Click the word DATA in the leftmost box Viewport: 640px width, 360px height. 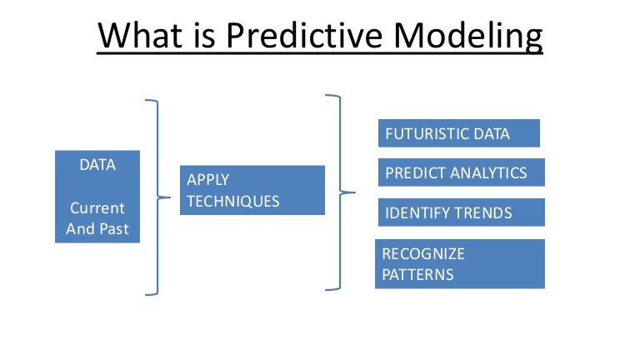pyautogui.click(x=97, y=165)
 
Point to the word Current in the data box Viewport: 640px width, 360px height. pyautogui.click(x=97, y=207)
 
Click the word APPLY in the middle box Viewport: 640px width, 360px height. pyautogui.click(x=208, y=179)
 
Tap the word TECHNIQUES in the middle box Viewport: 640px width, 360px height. pyautogui.click(x=232, y=201)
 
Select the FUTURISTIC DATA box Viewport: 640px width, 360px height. pyautogui.click(x=459, y=133)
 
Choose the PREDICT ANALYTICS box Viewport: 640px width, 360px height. pyautogui.click(x=461, y=172)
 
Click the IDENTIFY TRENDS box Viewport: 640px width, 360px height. pyautogui.click(x=461, y=212)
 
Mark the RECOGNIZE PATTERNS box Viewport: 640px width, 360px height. pyautogui.click(x=459, y=263)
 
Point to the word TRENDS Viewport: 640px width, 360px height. pyautogui.click(x=482, y=213)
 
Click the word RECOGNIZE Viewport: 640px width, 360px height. pyautogui.click(x=423, y=253)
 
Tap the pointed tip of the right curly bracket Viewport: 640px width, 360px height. pyautogui.click(x=354, y=192)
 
